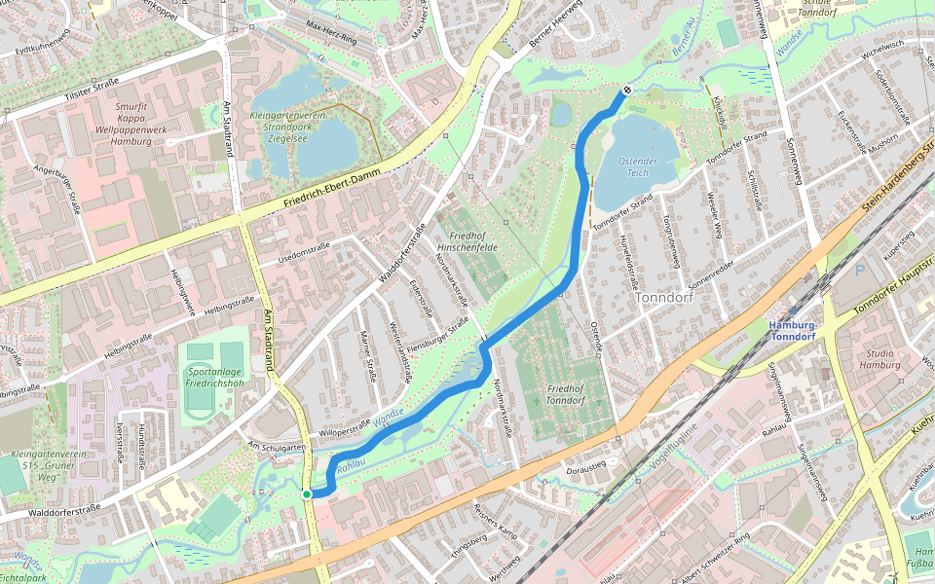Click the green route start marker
(x=307, y=494)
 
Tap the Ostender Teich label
(x=638, y=166)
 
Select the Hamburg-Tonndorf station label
(x=794, y=331)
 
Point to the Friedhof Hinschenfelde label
(x=473, y=241)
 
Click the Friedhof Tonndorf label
(x=565, y=394)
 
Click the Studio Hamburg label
(x=879, y=358)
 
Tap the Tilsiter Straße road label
(x=72, y=92)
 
